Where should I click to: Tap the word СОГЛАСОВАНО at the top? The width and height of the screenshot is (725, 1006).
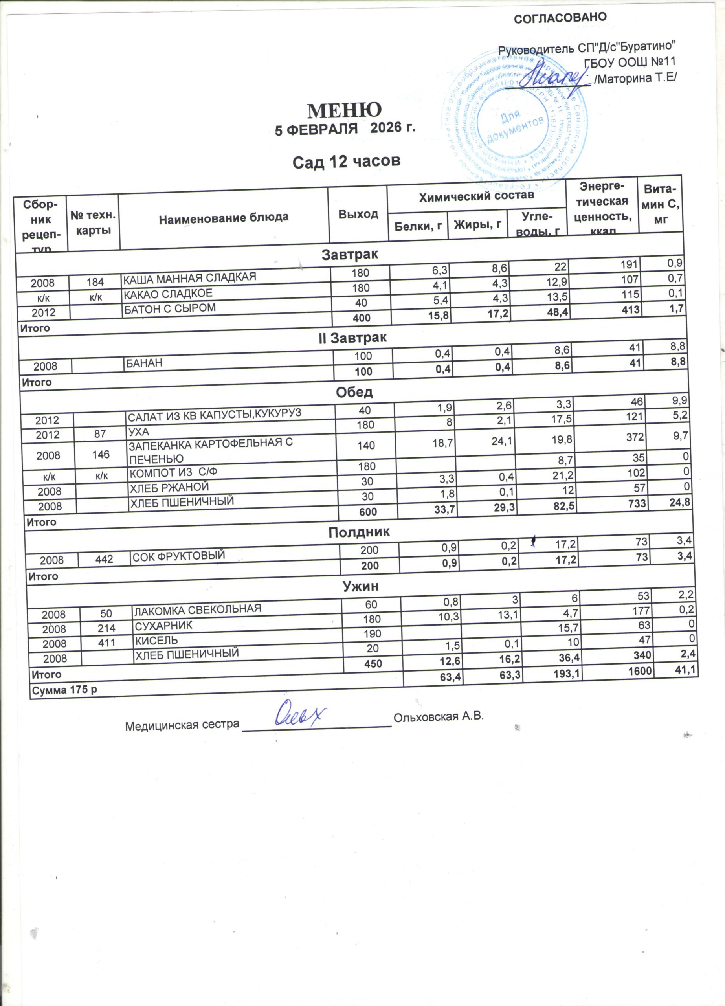560,17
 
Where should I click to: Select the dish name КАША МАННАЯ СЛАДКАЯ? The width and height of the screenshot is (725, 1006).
189,278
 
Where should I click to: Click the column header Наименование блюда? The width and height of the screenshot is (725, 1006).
224,217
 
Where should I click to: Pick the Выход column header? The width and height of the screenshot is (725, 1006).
358,215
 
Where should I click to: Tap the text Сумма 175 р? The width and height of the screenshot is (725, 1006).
64,690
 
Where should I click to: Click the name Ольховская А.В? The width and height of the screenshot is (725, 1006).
437,716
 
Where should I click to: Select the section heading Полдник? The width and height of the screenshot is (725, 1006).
359,532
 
